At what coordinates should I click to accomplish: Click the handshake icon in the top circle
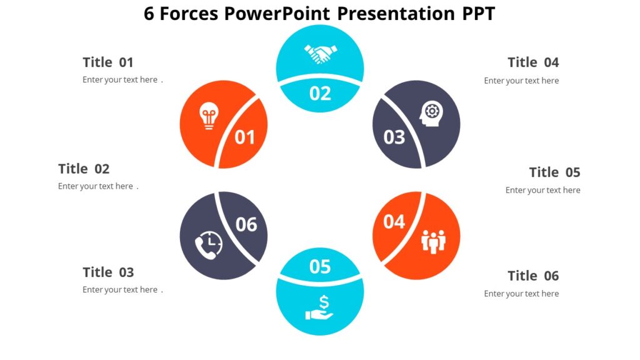(x=320, y=53)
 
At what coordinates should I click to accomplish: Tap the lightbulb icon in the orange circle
(x=208, y=117)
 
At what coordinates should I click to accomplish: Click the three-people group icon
(x=433, y=241)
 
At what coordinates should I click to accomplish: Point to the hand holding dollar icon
(x=320, y=307)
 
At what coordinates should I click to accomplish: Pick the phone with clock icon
(x=208, y=244)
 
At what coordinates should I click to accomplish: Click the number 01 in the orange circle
(x=245, y=137)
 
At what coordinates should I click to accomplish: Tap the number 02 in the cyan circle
(x=320, y=93)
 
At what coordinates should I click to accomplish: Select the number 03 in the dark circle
(x=394, y=137)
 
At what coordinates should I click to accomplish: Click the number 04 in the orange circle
(x=394, y=221)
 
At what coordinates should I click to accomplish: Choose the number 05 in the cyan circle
(x=320, y=267)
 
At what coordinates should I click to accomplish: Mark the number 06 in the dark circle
(x=246, y=224)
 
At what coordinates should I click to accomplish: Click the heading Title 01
(x=108, y=62)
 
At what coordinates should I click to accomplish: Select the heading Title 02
(x=84, y=169)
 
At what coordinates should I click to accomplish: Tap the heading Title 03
(x=108, y=272)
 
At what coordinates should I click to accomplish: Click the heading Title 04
(x=533, y=62)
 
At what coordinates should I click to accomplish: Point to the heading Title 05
(x=554, y=172)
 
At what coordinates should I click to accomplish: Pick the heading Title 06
(x=533, y=276)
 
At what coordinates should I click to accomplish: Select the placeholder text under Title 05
(x=542, y=190)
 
